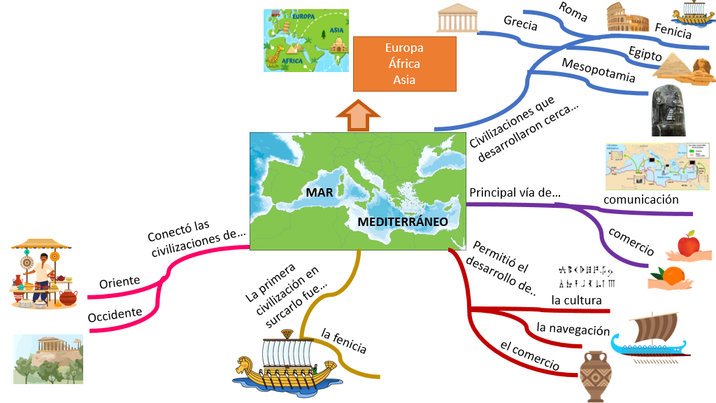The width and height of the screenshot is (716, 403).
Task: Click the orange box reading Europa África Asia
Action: (404, 64)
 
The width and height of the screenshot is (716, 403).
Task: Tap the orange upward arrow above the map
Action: (357, 115)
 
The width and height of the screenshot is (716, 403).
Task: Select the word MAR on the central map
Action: (319, 191)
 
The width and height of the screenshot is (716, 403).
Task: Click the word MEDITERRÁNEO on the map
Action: (403, 221)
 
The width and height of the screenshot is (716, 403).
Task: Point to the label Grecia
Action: (520, 24)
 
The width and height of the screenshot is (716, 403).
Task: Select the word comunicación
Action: (641, 199)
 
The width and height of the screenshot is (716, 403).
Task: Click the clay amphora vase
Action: (595, 376)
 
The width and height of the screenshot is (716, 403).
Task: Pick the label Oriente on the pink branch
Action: (120, 281)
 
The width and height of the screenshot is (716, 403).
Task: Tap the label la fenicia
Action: (343, 341)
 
